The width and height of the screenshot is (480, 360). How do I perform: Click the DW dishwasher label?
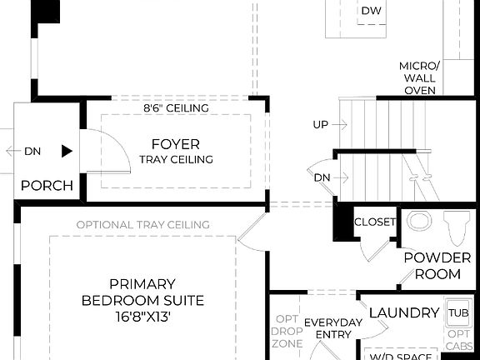coord(371,11)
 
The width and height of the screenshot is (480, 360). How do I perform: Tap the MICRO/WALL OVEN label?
coord(419,78)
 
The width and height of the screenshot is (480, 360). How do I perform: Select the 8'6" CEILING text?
coord(176,108)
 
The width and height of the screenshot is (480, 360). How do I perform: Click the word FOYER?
coord(175,143)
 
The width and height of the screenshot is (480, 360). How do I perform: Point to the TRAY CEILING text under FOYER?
coord(176,159)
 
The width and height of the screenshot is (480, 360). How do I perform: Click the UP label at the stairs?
coord(320,125)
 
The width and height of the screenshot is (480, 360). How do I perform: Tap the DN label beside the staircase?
coord(322,177)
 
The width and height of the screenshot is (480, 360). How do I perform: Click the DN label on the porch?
coord(32,152)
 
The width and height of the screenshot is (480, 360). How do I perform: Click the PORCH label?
coord(47,185)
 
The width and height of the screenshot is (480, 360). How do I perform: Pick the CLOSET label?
coord(375,222)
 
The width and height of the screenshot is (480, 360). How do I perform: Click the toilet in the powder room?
coord(454,226)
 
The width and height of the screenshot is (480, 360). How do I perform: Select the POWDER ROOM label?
coord(432,266)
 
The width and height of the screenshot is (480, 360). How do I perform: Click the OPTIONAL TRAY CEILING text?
coord(142,224)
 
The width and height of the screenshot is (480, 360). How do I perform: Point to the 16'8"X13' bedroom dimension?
coord(142,317)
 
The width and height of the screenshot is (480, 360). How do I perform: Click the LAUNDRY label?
coord(403,312)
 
